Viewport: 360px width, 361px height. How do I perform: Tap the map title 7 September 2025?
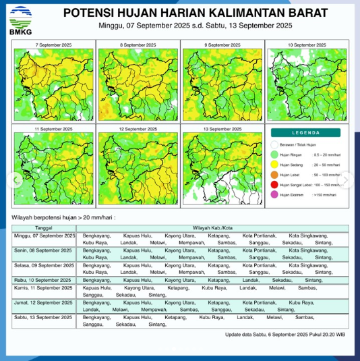coord(53,44)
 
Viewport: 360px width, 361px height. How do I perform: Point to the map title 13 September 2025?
coord(222,128)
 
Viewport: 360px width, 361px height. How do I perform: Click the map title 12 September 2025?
coord(138,128)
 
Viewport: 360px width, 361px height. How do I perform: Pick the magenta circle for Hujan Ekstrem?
coord(275,195)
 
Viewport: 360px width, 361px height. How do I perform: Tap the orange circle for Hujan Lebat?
coord(275,173)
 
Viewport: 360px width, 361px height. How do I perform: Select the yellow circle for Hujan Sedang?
coord(275,163)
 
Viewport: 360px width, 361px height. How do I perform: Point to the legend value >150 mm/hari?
coord(326,195)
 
